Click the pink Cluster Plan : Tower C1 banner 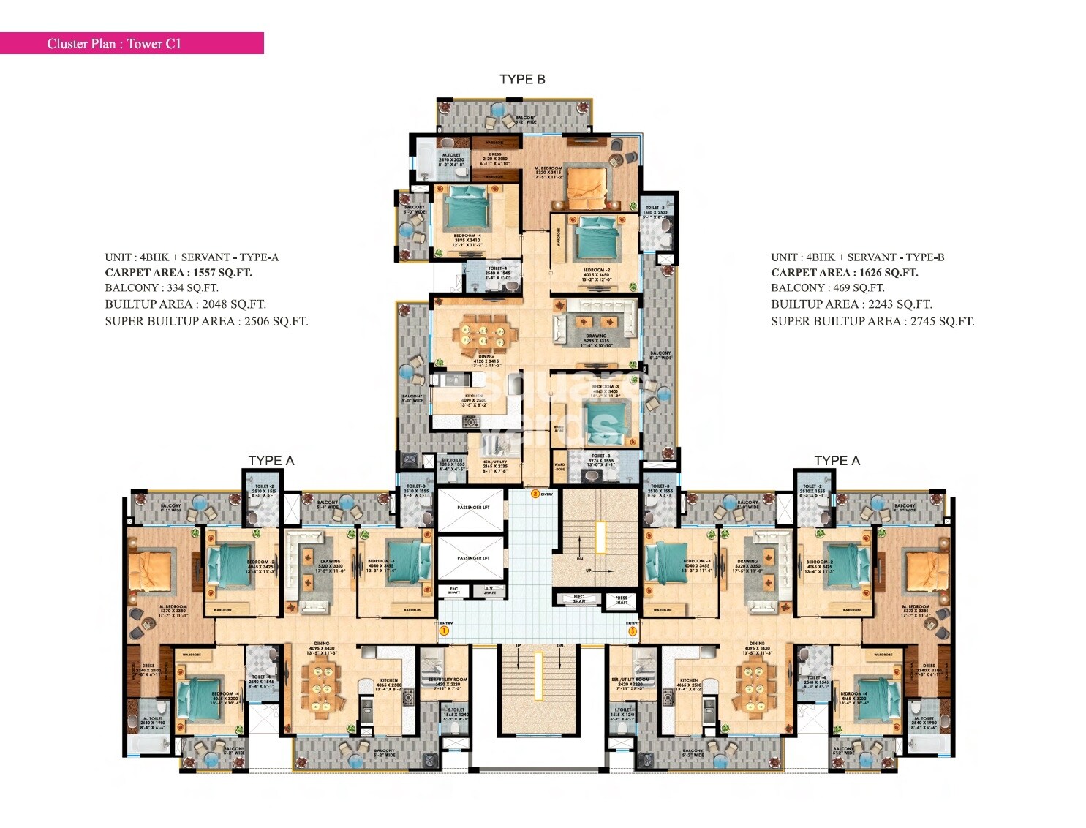tap(132, 43)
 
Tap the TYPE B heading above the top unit tap(522, 79)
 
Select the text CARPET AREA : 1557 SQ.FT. tap(178, 273)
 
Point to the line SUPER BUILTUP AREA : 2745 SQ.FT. tap(872, 321)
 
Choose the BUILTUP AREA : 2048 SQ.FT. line tap(185, 304)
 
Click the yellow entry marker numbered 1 tap(443, 629)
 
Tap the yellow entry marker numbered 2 tap(535, 494)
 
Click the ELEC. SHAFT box tap(578, 599)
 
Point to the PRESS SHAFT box tap(621, 600)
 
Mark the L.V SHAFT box tap(489, 590)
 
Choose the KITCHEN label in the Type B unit tap(473, 398)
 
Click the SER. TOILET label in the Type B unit tap(451, 462)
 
